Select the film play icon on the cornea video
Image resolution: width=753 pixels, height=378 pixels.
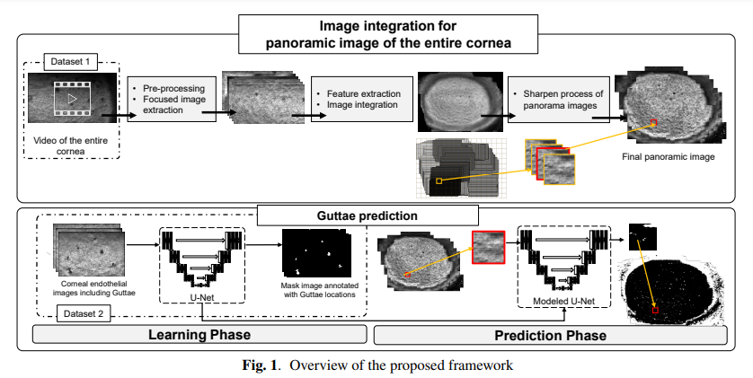coord(71,99)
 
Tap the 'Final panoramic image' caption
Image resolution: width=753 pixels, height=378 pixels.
coord(668,157)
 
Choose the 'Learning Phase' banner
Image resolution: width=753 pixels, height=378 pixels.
coord(198,336)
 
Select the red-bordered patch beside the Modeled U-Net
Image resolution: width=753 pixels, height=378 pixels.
coord(488,247)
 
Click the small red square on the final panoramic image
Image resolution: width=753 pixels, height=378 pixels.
coord(654,122)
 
